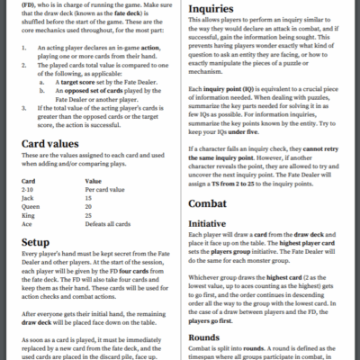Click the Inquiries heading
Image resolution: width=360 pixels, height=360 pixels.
(213, 12)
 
